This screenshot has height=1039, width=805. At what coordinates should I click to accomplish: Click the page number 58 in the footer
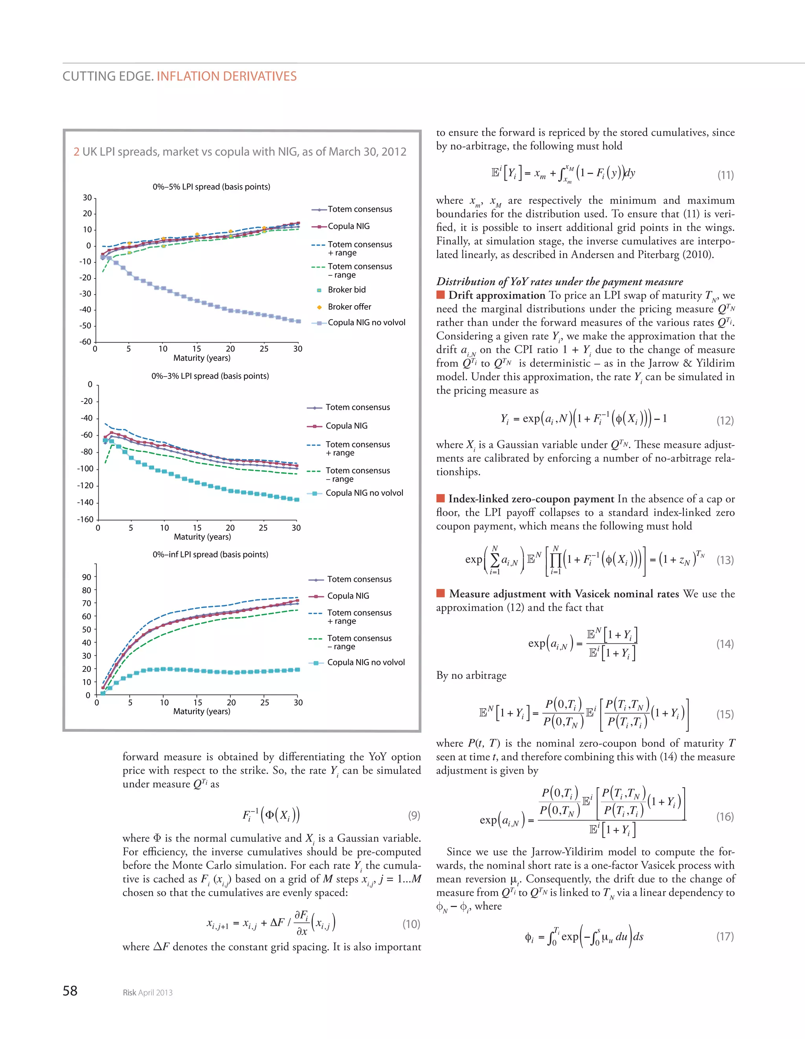click(x=70, y=990)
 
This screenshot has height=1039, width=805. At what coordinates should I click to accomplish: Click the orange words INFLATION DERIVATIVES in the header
click(x=226, y=76)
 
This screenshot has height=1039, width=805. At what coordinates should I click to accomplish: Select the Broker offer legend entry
click(x=349, y=307)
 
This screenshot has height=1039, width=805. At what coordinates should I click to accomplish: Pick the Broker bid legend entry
click(x=347, y=290)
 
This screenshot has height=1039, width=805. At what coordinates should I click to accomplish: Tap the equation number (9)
click(x=414, y=815)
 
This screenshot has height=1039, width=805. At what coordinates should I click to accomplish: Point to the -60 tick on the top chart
click(x=85, y=342)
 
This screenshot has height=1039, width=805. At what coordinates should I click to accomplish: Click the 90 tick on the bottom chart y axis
click(x=86, y=577)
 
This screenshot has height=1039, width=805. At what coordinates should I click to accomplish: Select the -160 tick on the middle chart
click(x=85, y=519)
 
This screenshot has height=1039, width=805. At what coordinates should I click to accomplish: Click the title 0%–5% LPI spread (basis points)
click(x=211, y=187)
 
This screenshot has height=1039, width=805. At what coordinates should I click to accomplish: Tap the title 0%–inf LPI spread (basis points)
click(x=210, y=554)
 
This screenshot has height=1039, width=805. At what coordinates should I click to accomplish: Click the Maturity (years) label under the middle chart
click(x=202, y=537)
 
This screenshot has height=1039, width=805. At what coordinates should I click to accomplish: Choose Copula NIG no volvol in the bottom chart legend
click(x=366, y=662)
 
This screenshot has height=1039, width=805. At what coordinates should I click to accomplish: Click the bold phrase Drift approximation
click(x=496, y=295)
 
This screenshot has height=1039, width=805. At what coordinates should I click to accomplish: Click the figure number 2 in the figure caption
click(x=76, y=152)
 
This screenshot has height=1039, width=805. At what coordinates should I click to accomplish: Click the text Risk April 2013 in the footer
click(x=147, y=992)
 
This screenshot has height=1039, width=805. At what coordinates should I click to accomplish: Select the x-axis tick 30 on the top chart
click(x=298, y=349)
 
